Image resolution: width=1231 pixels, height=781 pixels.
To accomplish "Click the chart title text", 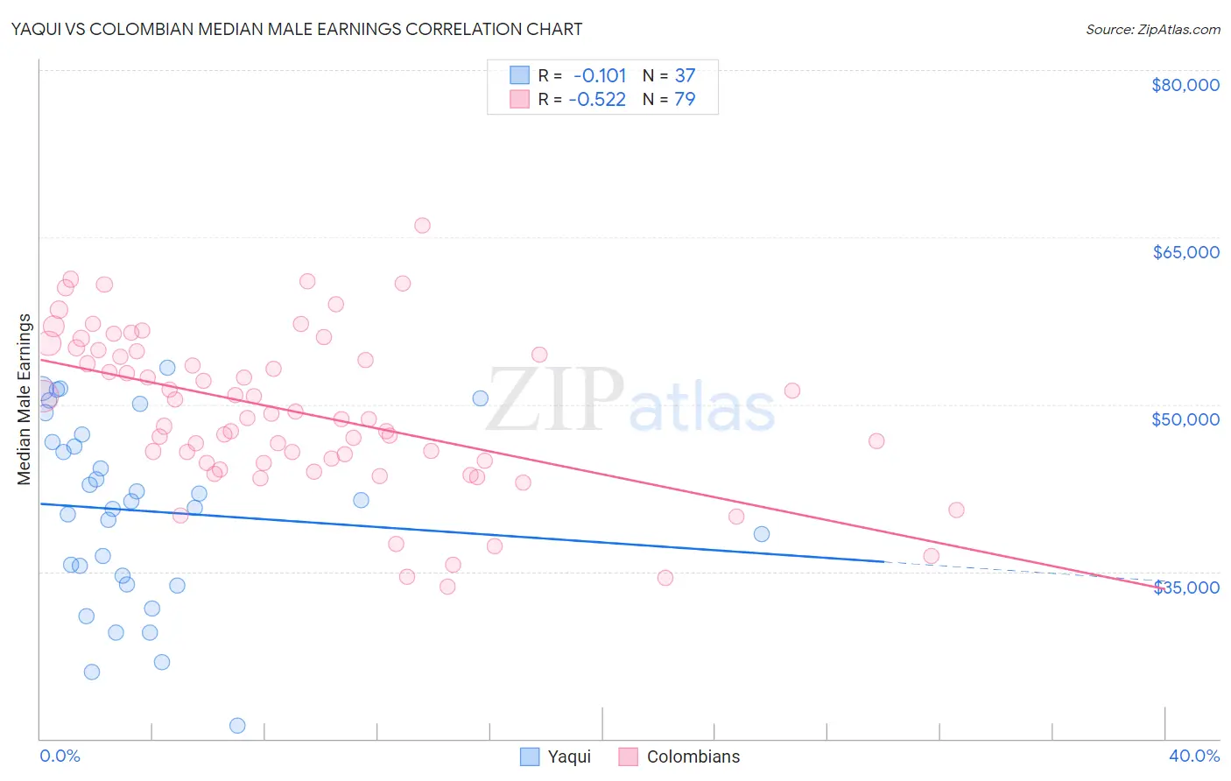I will (x=297, y=29).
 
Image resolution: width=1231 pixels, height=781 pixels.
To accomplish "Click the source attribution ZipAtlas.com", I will (x=1152, y=29).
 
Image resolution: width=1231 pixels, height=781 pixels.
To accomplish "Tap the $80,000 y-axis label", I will (x=1185, y=85).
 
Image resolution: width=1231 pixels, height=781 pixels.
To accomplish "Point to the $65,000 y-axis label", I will (x=1185, y=252).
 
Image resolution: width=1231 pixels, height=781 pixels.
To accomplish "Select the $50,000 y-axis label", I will (x=1185, y=419).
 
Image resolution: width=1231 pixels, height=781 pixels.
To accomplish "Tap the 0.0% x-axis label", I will (x=60, y=756).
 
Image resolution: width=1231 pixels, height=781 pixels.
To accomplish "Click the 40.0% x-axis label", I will (x=1194, y=756).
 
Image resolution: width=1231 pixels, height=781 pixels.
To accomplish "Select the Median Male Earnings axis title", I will (x=25, y=399).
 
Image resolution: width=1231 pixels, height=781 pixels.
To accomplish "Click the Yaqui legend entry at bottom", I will (x=556, y=756).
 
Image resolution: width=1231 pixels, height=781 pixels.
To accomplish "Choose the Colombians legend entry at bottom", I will (x=679, y=756).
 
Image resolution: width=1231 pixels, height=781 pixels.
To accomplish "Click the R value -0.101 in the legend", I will (x=600, y=75).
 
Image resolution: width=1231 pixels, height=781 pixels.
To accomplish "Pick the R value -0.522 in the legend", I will (x=597, y=99).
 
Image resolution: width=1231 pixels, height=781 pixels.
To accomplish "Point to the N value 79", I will (x=685, y=99).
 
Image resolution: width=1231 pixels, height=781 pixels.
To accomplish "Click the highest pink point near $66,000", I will (x=422, y=225).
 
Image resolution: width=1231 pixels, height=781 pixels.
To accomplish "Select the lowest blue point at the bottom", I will (x=237, y=725).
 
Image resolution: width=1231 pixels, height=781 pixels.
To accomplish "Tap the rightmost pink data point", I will (x=956, y=510).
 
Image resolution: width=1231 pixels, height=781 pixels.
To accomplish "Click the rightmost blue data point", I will (x=762, y=534).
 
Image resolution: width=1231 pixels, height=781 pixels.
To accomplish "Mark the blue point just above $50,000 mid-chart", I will (x=481, y=398).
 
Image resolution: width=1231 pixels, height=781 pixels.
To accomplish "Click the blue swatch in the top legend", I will (x=520, y=75).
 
